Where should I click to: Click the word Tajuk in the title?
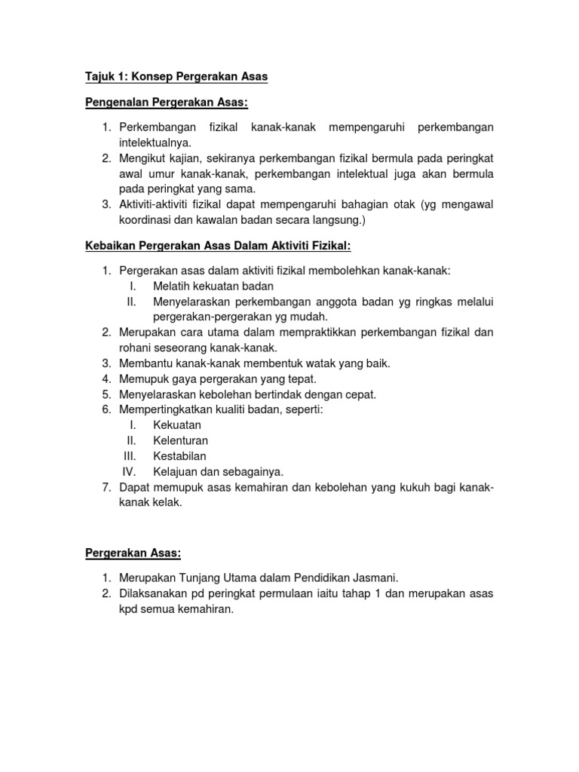[x=99, y=77]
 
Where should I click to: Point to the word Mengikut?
[x=144, y=158]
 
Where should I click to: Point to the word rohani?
[x=135, y=348]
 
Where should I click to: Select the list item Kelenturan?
[x=181, y=440]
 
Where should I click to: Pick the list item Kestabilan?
[x=179, y=456]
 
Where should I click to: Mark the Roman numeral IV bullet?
[x=129, y=472]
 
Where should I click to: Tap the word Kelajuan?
[x=177, y=472]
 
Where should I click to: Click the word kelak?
[x=169, y=503]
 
